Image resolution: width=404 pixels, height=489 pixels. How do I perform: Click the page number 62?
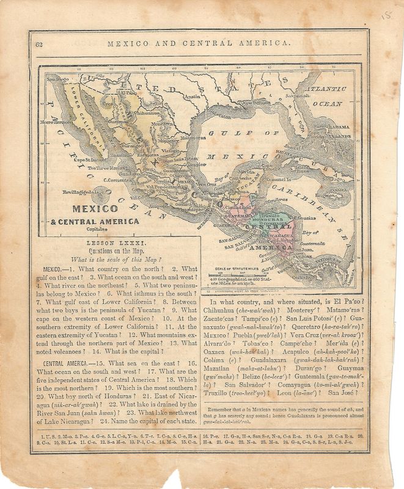point(39,43)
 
